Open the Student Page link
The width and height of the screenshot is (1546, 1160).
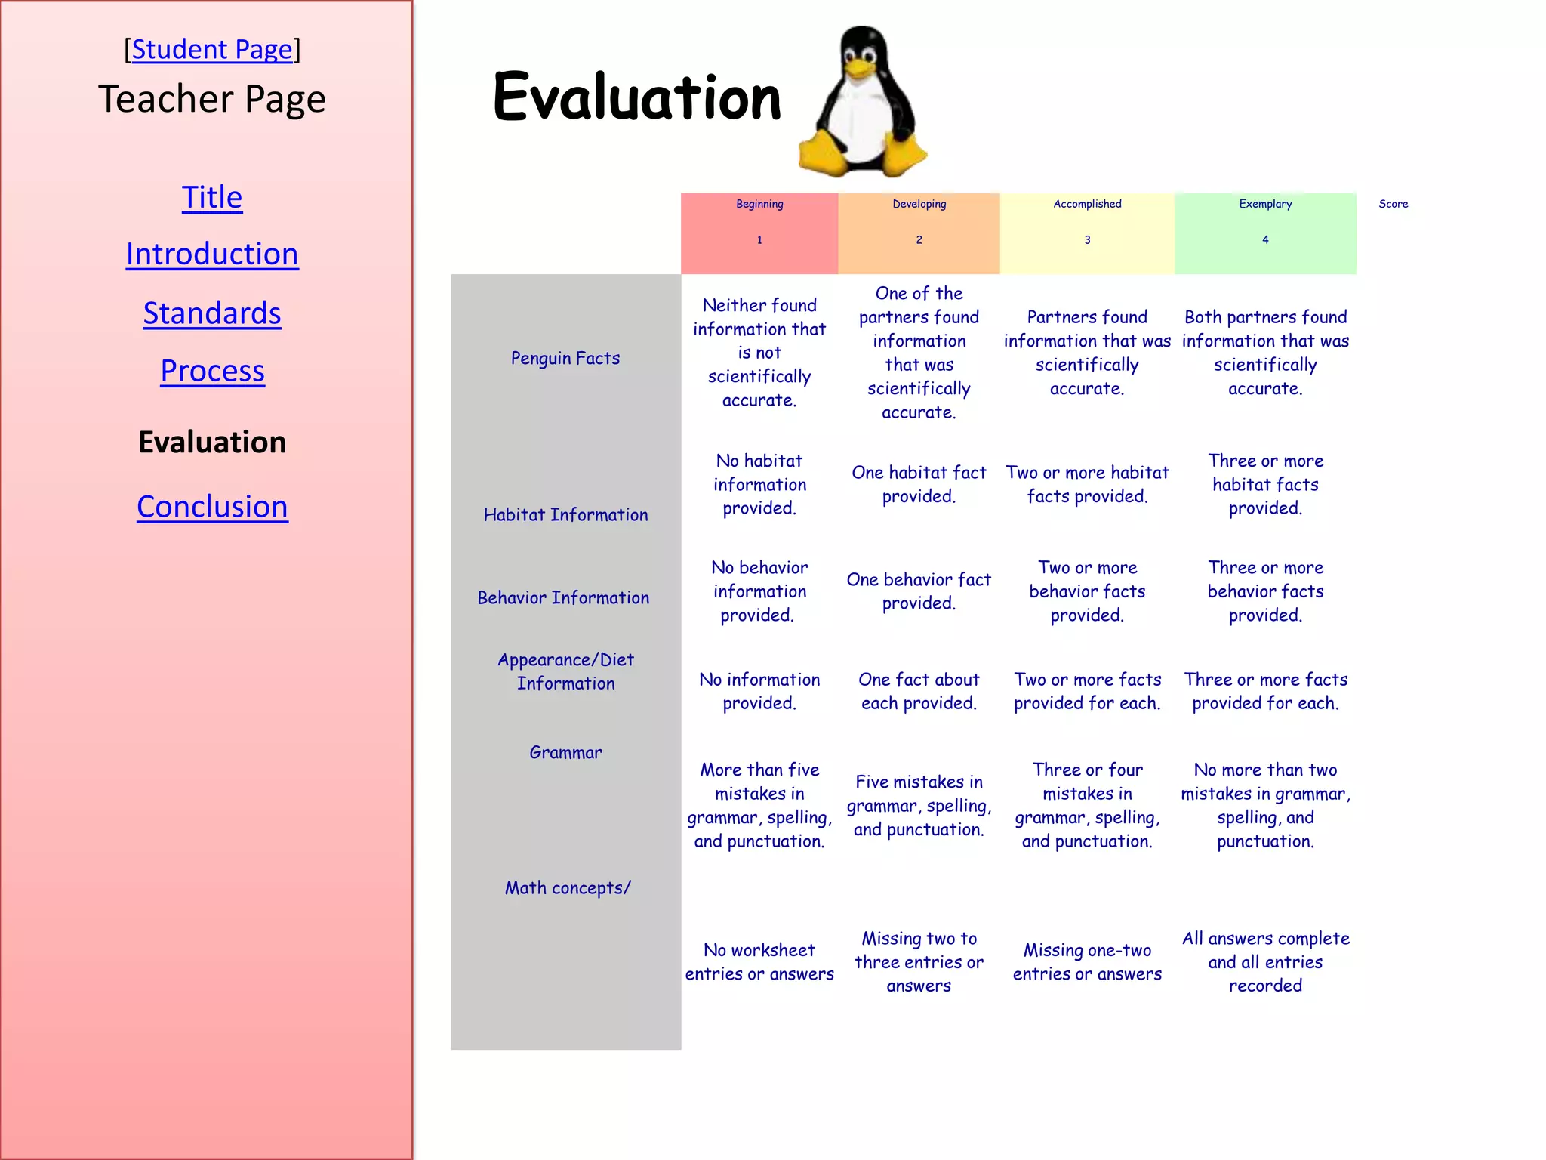coord(212,50)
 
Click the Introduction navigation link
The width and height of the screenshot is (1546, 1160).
coord(212,254)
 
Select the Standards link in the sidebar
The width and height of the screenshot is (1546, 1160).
coord(212,313)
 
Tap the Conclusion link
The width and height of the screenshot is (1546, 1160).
coord(212,506)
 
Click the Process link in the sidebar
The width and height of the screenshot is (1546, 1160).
coord(212,371)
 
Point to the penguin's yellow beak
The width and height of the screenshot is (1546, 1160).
coord(858,69)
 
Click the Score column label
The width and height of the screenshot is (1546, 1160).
coord(1393,204)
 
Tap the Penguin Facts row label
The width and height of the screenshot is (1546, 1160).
coord(565,358)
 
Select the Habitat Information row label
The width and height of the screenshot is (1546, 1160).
coord(565,514)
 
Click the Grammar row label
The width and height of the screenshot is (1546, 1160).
coord(565,752)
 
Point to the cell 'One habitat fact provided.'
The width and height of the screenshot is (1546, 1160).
coord(919,484)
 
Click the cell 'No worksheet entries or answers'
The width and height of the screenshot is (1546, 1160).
coord(759,961)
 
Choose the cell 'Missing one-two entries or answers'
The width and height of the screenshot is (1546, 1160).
coord(1087,961)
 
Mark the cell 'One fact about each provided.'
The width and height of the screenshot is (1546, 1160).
coord(919,691)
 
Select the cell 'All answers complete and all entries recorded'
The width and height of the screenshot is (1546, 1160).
coord(1265,961)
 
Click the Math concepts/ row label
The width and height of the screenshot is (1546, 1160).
coord(568,888)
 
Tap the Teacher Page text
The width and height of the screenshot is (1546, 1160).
coord(212,99)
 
